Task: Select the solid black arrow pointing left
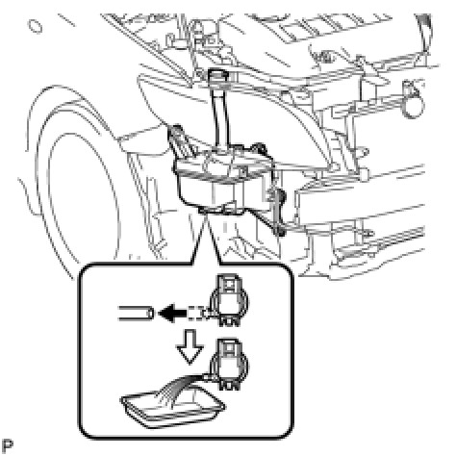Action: click(172, 313)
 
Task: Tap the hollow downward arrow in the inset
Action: click(190, 347)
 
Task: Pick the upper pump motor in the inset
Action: click(229, 300)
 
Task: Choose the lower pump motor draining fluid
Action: click(229, 365)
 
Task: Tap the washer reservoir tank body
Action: click(221, 180)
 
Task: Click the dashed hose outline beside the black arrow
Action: click(198, 313)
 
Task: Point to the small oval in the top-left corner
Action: click(35, 26)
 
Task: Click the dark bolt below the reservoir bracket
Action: click(281, 231)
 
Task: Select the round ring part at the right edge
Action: click(413, 105)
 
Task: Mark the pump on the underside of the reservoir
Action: click(221, 209)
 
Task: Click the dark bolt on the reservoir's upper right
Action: click(260, 147)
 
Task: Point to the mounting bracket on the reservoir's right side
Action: click(275, 205)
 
